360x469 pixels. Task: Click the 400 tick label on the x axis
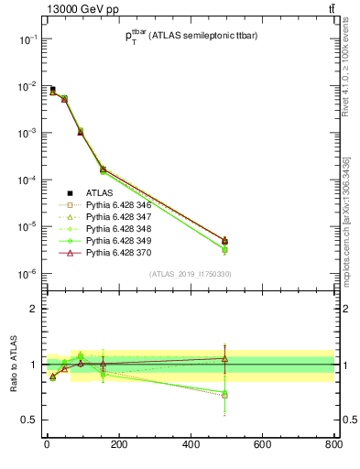coord(190,447)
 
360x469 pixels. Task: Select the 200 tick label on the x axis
coord(118,447)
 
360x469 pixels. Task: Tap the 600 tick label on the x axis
coord(261,447)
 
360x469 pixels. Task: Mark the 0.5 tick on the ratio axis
coord(30,420)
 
